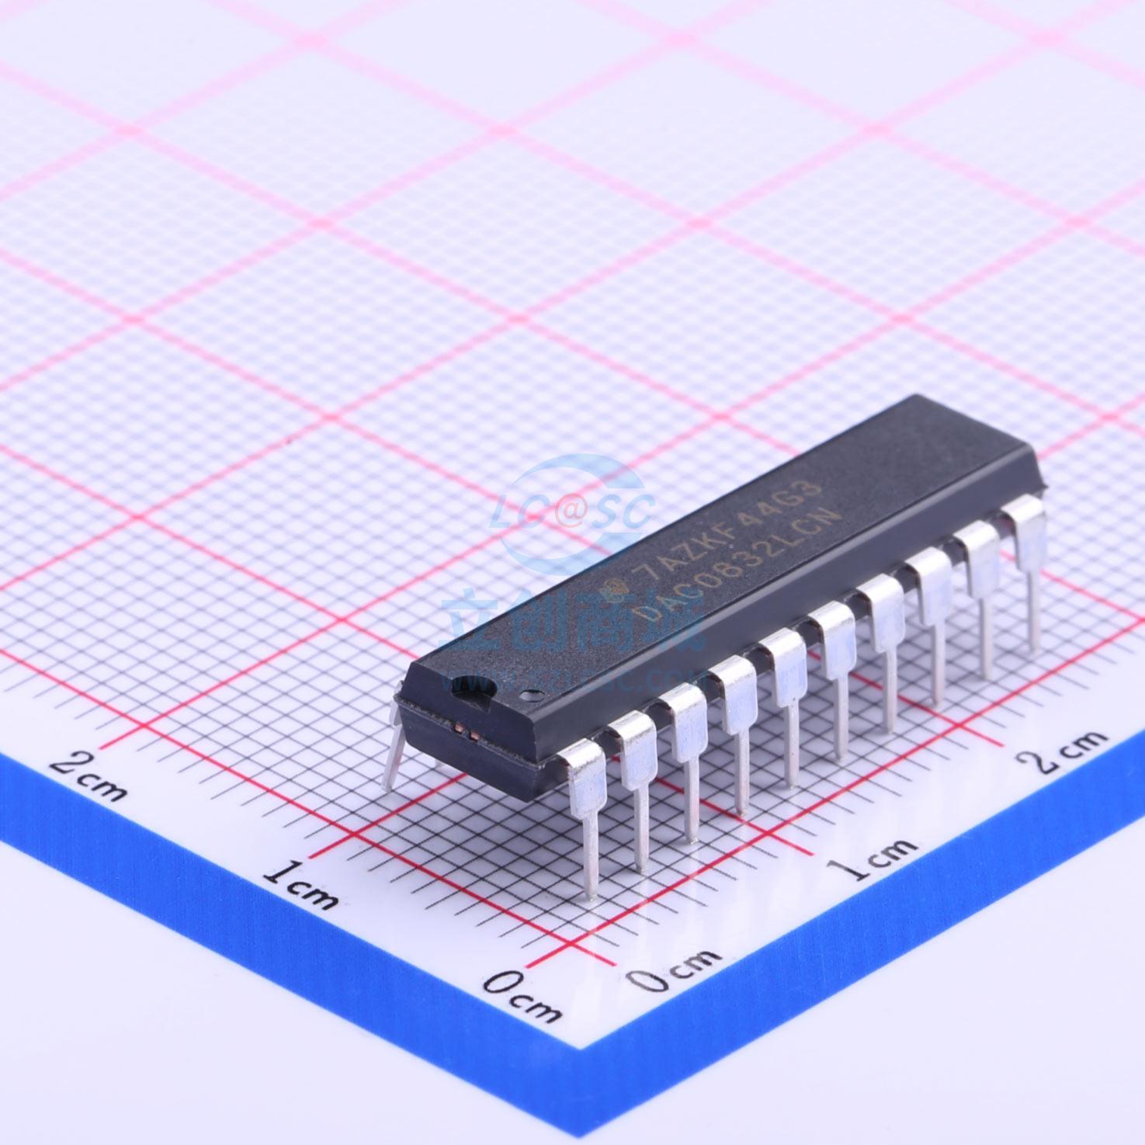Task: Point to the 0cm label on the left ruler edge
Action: tap(522, 996)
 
